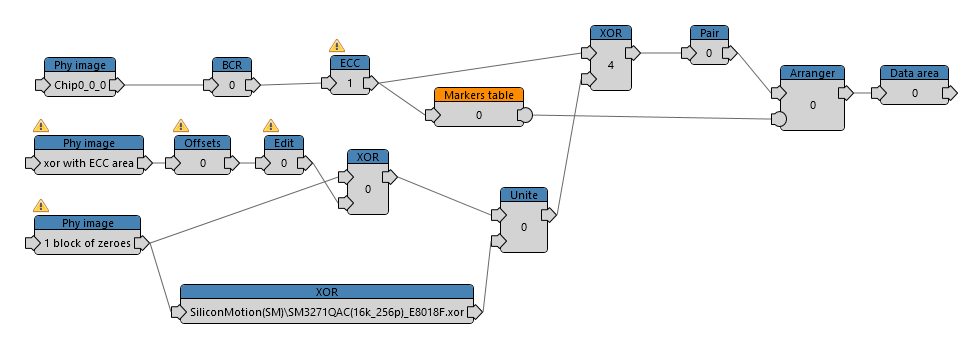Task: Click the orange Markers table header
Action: click(479, 95)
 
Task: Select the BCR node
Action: click(232, 77)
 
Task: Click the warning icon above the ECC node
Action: click(337, 46)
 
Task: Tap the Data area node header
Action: click(914, 73)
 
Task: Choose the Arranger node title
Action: click(812, 73)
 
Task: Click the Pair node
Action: click(709, 46)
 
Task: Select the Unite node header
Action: click(524, 195)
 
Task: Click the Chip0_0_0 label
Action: click(79, 85)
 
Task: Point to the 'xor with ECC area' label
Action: click(88, 163)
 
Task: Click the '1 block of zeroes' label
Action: click(88, 243)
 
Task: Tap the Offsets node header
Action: click(202, 143)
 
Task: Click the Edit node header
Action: click(284, 143)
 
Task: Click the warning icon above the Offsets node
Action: click(181, 126)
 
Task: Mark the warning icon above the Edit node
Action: click(271, 126)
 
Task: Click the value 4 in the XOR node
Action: click(611, 65)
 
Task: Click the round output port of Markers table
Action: click(525, 115)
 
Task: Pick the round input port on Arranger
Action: click(778, 119)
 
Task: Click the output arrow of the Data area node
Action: click(950, 93)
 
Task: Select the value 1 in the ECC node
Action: click(349, 82)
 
